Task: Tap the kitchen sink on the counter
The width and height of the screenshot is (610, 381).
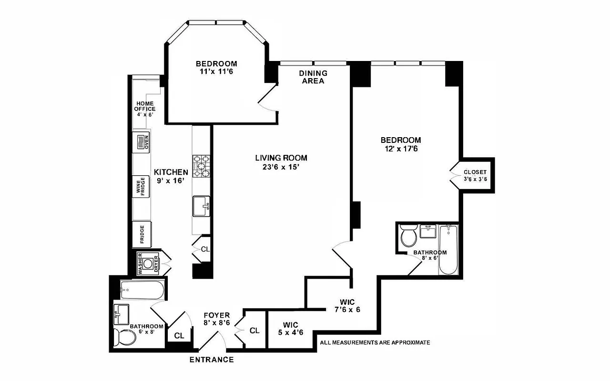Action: (x=201, y=207)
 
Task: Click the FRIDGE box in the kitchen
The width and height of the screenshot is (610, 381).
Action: (x=142, y=235)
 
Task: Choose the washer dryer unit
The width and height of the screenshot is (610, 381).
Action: (x=148, y=263)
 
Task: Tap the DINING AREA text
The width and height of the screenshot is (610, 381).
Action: (x=313, y=77)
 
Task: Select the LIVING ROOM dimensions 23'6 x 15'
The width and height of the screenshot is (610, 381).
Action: (x=281, y=167)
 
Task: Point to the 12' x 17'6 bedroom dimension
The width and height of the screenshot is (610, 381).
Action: (x=400, y=149)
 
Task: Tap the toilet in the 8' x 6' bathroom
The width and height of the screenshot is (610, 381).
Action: (x=409, y=236)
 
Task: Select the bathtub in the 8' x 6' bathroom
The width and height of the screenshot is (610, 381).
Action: (x=448, y=250)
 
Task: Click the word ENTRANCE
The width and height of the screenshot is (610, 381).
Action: (x=212, y=360)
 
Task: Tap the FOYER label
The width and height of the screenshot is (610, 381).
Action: (x=216, y=315)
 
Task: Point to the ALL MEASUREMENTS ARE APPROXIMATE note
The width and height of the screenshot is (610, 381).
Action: (x=375, y=342)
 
